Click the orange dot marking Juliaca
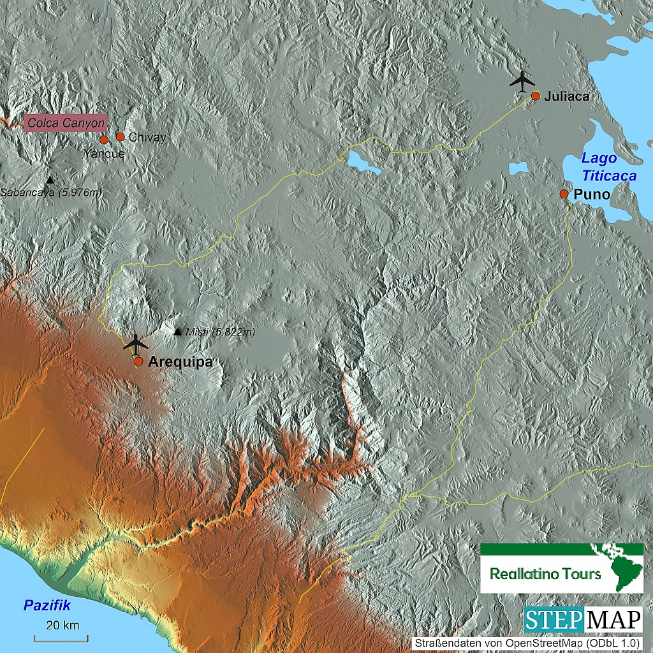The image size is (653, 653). pos(536,96)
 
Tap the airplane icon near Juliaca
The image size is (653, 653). pos(523,81)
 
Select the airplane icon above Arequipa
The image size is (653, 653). pos(135,343)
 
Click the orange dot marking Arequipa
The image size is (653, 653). pos(138,361)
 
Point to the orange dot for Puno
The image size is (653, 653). pos(564,193)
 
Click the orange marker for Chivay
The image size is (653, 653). pos(120,136)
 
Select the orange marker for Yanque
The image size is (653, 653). pos(104,140)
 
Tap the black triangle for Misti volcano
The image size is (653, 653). pos(177,331)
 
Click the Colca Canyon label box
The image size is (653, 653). pos(65,122)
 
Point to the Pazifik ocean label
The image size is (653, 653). pos(46,605)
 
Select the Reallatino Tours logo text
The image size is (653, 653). pos(545,573)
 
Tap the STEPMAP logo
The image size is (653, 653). pos(583,620)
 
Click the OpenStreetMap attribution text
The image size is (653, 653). pos(527,643)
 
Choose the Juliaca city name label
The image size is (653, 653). pos(566,96)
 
